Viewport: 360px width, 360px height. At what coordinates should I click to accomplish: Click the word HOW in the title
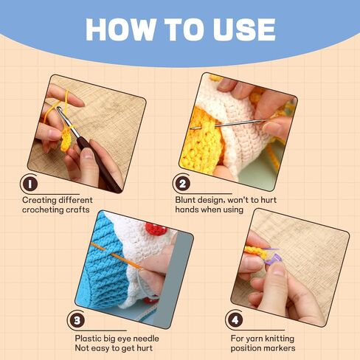click(x=121, y=30)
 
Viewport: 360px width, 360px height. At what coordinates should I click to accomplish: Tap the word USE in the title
click(x=243, y=30)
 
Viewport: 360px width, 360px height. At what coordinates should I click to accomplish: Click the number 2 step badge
click(x=182, y=184)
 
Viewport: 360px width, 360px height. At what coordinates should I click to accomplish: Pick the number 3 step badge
click(x=77, y=320)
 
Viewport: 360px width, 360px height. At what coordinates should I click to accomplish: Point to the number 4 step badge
click(x=235, y=320)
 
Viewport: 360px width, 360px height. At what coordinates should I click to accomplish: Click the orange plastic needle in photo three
click(x=116, y=256)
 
